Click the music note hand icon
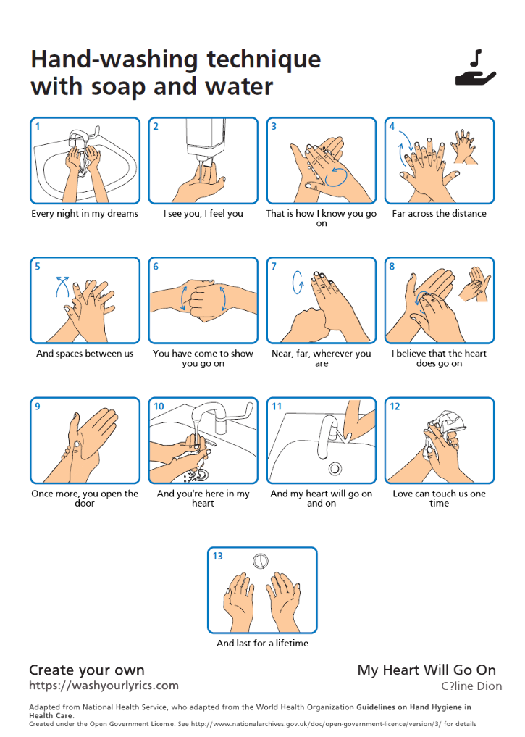point(475,69)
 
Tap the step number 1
point(38,126)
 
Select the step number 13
point(217,556)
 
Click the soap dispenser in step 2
point(206,138)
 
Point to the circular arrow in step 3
point(336,176)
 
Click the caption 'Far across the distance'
point(439,213)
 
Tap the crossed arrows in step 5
point(62,287)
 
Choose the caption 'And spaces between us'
point(85,354)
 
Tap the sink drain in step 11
point(335,468)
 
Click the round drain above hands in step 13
point(261,561)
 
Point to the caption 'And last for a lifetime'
point(262,643)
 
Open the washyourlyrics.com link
point(104,686)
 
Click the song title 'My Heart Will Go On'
point(427,670)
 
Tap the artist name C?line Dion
point(471,686)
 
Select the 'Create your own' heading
point(87,670)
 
